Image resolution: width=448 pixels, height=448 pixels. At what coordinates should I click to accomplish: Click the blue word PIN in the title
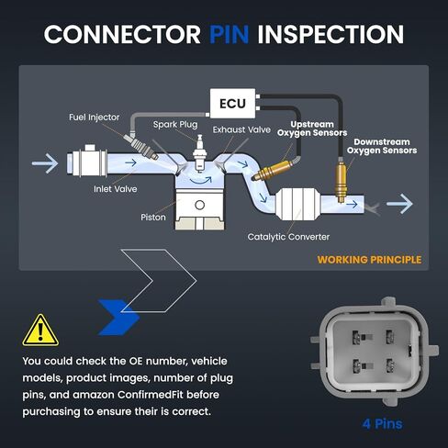(x=229, y=34)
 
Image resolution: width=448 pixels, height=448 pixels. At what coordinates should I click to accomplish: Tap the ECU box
(x=232, y=104)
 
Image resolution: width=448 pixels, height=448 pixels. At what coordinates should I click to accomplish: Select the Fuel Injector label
(x=95, y=118)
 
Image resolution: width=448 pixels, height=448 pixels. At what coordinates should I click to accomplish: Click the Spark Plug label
(x=175, y=125)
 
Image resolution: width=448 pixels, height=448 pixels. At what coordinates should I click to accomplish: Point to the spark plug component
(x=199, y=153)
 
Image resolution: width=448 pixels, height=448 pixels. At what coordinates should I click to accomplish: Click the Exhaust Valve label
(x=241, y=129)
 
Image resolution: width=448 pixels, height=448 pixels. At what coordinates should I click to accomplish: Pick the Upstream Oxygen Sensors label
(x=312, y=129)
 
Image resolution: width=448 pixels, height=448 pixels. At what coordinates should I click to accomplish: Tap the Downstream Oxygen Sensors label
(x=382, y=146)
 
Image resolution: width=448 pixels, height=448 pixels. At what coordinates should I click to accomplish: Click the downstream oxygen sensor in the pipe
(x=341, y=180)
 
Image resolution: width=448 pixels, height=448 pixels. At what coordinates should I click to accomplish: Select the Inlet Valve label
(x=116, y=189)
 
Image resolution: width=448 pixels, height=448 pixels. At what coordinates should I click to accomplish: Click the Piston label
(x=153, y=218)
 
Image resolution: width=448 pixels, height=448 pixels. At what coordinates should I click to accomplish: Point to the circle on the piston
(x=199, y=205)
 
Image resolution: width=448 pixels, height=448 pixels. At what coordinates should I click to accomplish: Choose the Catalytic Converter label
(x=288, y=237)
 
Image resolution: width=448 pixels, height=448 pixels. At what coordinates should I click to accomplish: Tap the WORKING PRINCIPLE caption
(x=369, y=260)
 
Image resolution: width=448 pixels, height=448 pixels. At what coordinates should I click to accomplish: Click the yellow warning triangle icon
(x=40, y=330)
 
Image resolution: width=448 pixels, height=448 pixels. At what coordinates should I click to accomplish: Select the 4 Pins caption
(x=382, y=424)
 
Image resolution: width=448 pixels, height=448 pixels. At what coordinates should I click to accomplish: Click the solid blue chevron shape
(x=118, y=318)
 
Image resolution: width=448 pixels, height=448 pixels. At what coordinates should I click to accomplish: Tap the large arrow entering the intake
(x=45, y=163)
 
